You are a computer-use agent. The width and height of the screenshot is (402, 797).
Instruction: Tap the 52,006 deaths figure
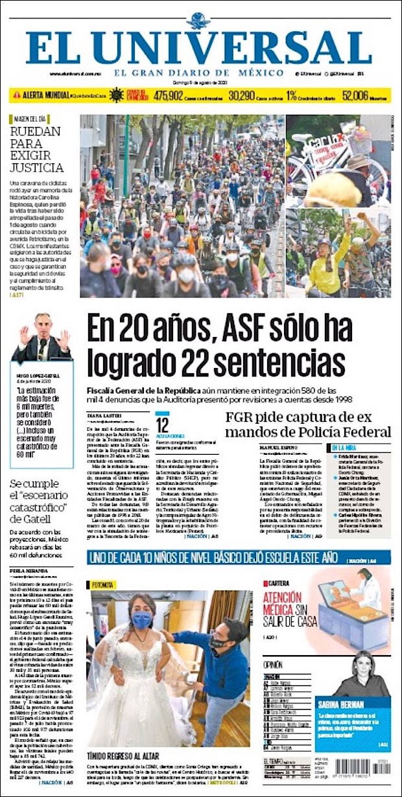click(x=355, y=95)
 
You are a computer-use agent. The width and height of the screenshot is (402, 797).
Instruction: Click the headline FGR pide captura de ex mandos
click(x=308, y=424)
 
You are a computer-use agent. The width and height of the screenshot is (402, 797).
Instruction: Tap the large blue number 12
click(x=162, y=425)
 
